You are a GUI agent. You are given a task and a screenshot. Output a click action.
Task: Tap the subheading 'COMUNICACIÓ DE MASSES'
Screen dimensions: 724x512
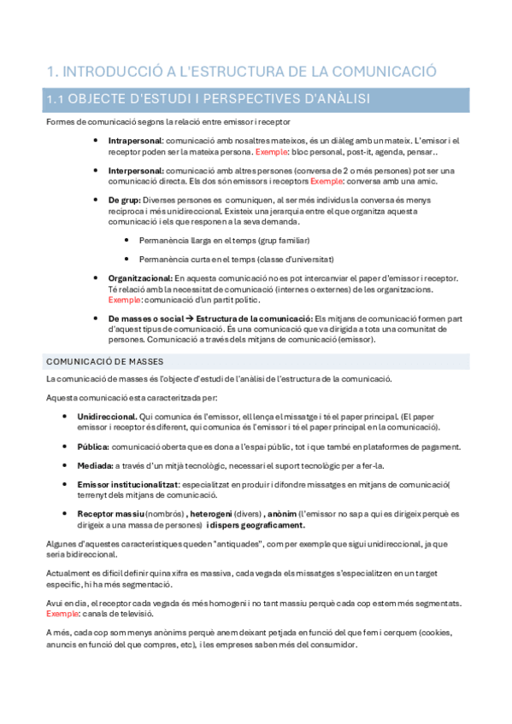click(x=105, y=362)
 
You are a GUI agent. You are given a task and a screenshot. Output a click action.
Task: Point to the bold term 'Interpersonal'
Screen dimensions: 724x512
click(x=136, y=171)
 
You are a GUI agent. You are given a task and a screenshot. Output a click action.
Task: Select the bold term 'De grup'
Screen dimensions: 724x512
click(x=124, y=200)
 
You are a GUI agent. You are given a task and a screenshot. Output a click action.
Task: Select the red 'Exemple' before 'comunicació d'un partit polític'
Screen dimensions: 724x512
click(x=124, y=300)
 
